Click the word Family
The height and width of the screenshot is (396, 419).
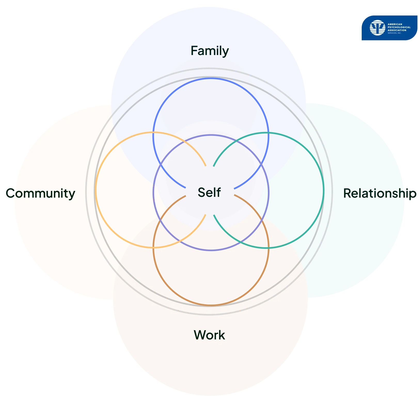[x=210, y=51]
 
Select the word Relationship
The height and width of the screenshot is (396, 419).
[x=380, y=193]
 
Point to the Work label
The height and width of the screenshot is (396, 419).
[x=209, y=335]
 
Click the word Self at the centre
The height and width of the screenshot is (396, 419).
[x=209, y=192]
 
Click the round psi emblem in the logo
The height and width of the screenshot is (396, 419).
[x=377, y=28]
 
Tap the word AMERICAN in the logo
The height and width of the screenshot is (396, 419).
[x=395, y=24]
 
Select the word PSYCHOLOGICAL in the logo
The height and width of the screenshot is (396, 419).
[x=399, y=27]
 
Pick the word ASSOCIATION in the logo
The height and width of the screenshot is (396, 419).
[x=397, y=30]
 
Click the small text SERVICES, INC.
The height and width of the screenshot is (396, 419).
[x=394, y=33]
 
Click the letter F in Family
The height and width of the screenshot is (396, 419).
[x=194, y=51]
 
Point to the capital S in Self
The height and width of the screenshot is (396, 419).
[x=202, y=192]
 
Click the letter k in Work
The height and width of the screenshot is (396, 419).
[x=222, y=335]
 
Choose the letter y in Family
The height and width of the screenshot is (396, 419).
[x=225, y=52]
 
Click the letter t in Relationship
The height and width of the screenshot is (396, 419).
[x=371, y=193]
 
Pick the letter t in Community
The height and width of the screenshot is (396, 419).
[x=66, y=193]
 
